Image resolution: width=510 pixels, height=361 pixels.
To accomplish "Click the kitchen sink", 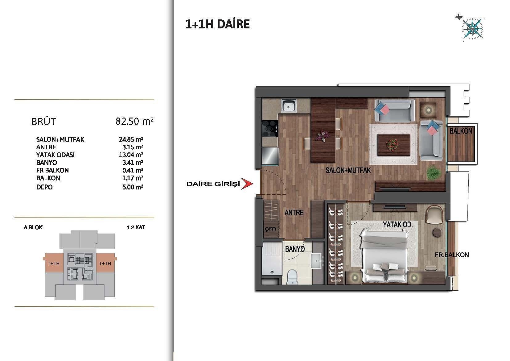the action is (x=289, y=106).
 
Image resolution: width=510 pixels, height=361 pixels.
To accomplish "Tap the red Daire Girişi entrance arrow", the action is (x=247, y=184).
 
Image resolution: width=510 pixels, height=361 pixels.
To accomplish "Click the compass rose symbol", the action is (x=472, y=29).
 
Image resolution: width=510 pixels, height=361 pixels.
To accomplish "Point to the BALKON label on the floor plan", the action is (x=461, y=131).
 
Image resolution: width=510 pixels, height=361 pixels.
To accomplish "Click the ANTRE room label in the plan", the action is (x=294, y=213).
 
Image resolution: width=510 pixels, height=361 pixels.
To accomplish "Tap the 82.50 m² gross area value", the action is (x=134, y=121).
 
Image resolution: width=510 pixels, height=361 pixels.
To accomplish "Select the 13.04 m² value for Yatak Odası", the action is (x=131, y=155).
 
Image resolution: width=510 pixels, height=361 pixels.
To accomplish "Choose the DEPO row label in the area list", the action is (x=44, y=187).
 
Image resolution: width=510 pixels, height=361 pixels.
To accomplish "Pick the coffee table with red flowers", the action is (x=393, y=145).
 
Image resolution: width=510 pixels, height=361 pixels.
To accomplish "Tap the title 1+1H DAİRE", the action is (x=217, y=24).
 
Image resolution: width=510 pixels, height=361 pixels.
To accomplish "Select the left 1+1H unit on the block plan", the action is (x=54, y=263).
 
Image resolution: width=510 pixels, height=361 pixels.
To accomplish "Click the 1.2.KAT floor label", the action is (x=136, y=227).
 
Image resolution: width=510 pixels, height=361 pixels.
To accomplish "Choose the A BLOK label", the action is (x=33, y=227).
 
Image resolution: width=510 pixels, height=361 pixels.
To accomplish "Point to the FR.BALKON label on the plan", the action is (x=452, y=255).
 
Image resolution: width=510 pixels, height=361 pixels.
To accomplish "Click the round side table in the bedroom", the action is (x=437, y=233).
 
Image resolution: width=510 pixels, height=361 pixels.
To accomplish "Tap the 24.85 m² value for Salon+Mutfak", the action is (x=131, y=139).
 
